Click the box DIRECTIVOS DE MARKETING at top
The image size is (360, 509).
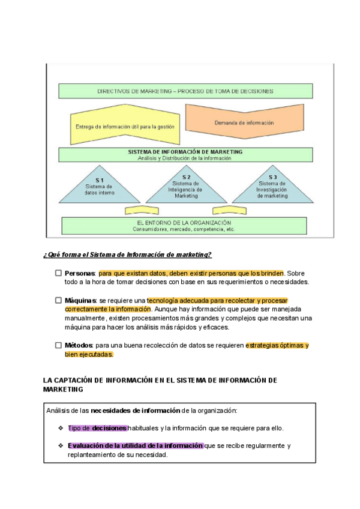(x=185, y=91)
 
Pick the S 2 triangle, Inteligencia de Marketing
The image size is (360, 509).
(x=186, y=187)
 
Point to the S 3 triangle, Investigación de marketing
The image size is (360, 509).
(x=272, y=187)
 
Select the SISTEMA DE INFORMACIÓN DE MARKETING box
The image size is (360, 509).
(x=185, y=155)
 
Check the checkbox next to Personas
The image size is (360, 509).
(x=59, y=273)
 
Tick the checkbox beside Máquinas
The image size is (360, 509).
(x=59, y=300)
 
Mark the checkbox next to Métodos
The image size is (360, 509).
(x=59, y=345)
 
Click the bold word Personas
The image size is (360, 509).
(x=80, y=273)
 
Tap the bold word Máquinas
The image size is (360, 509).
(x=81, y=300)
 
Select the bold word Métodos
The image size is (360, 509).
(x=79, y=345)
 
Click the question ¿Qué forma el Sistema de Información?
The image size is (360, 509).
(x=127, y=254)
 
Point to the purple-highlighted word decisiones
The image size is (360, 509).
(x=109, y=428)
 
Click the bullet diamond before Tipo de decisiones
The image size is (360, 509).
(x=61, y=428)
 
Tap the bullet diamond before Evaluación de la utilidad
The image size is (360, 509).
(x=61, y=445)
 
